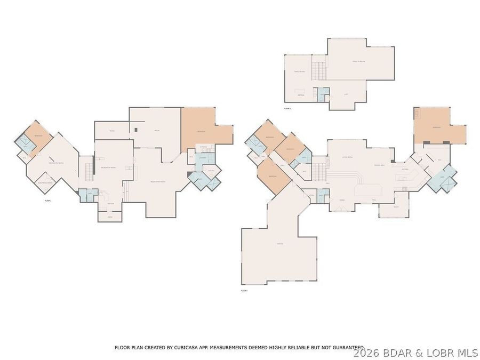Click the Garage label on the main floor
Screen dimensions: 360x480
(x=279, y=244)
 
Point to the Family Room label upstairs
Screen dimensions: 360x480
(x=299, y=71)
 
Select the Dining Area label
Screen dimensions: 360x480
(x=380, y=165)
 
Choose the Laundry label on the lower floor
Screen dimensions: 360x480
(x=203, y=157)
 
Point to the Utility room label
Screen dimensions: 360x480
(x=211, y=170)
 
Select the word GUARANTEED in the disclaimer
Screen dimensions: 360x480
(x=346, y=347)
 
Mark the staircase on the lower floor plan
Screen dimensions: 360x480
(x=86, y=171)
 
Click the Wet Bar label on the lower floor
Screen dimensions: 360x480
(x=111, y=203)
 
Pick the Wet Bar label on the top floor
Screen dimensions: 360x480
(x=301, y=95)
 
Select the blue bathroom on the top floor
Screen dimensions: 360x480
(x=323, y=94)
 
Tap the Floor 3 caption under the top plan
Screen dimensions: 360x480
(x=287, y=108)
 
